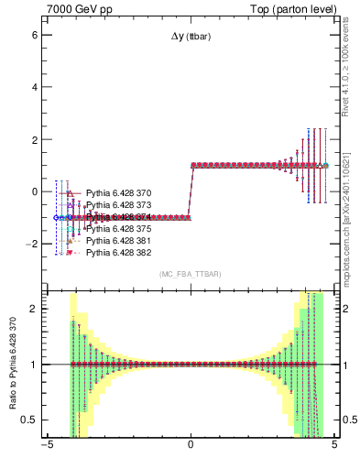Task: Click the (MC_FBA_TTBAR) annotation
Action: [190, 274]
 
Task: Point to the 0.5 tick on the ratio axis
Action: [30, 420]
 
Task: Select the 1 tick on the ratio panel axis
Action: [35, 365]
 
